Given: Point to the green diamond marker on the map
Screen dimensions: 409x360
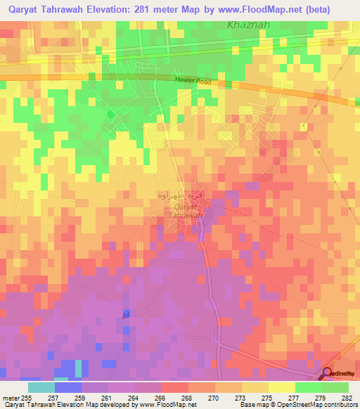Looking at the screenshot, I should pyautogui.click(x=110, y=113).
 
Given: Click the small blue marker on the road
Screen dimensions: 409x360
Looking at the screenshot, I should pyautogui.click(x=126, y=314).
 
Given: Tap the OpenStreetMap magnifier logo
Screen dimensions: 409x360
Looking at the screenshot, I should pyautogui.click(x=327, y=372).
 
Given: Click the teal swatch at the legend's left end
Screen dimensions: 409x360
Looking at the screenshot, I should pyautogui.click(x=41, y=387).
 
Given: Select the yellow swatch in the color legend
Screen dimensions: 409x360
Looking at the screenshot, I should pyautogui.click(x=281, y=387).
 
